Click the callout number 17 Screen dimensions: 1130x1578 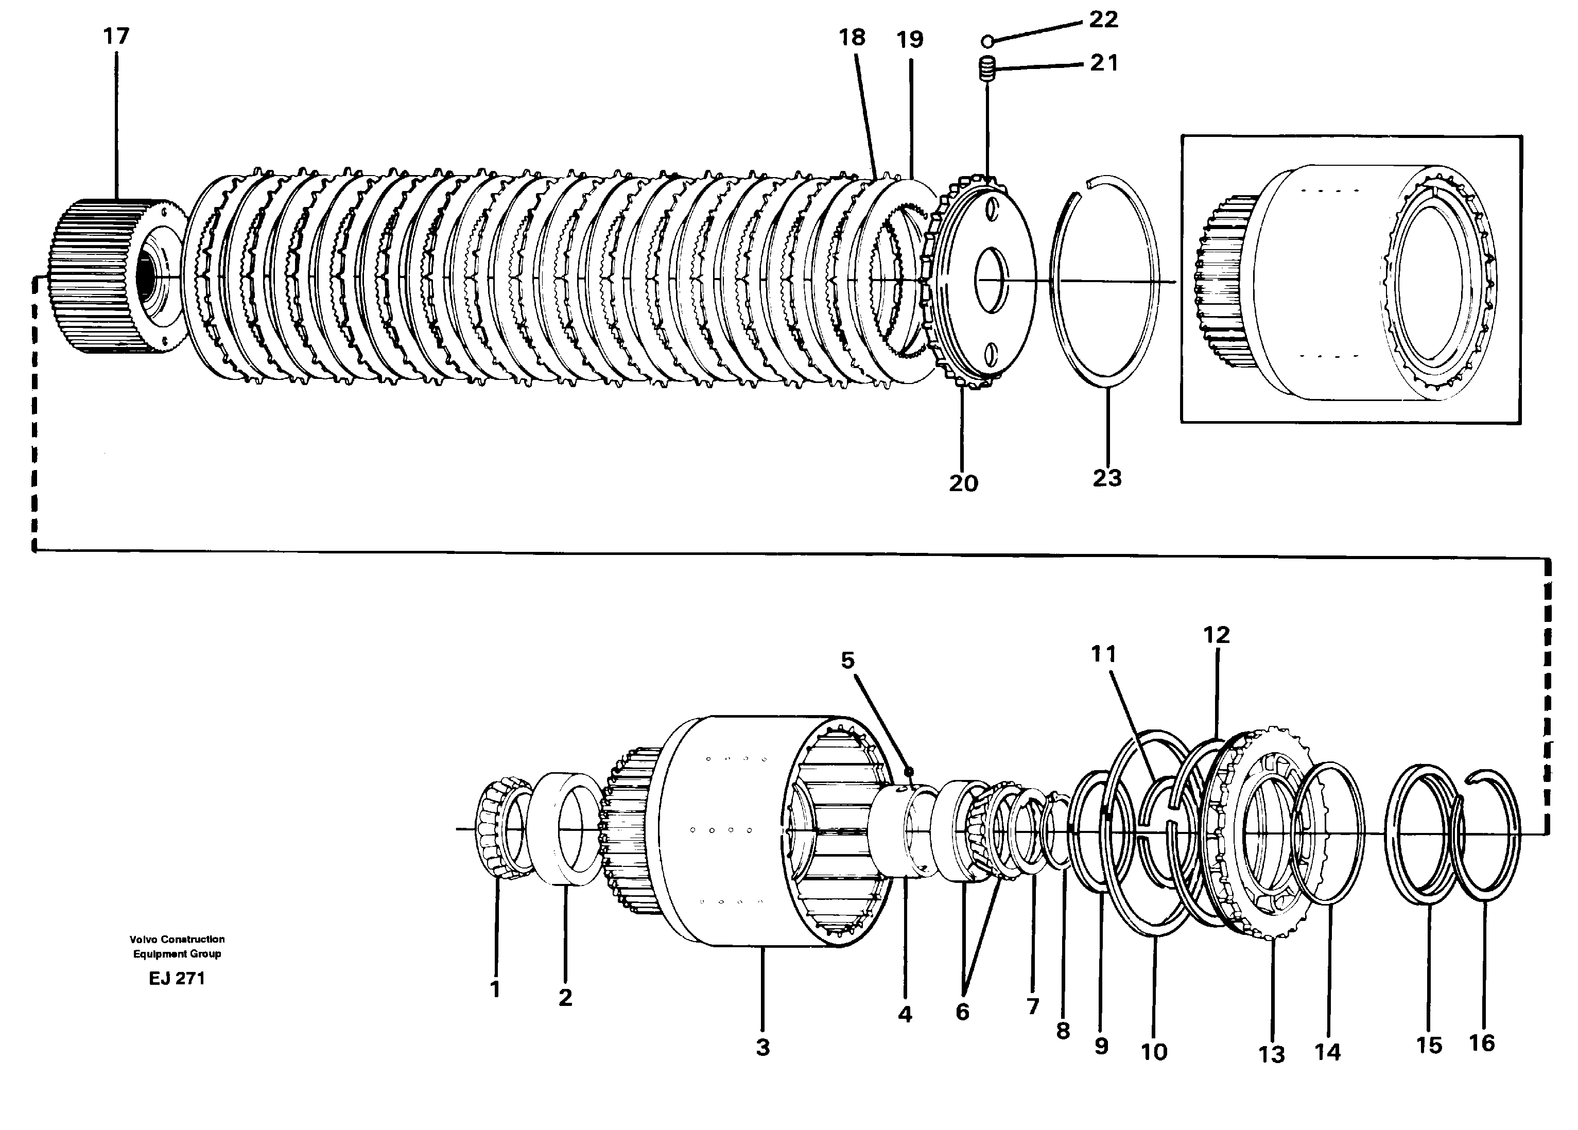click(116, 36)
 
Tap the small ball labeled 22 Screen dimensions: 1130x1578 click(986, 42)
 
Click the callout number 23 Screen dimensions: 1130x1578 click(1107, 478)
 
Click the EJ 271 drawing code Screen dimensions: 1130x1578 click(177, 978)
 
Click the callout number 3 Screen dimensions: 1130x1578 click(762, 1047)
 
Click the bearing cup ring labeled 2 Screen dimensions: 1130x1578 click(564, 829)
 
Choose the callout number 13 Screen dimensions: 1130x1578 click(1271, 1055)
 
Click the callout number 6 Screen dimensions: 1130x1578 click(962, 1012)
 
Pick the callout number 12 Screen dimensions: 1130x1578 click(1216, 635)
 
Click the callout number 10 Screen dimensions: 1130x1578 click(1154, 1052)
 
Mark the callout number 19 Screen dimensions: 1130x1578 click(909, 40)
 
